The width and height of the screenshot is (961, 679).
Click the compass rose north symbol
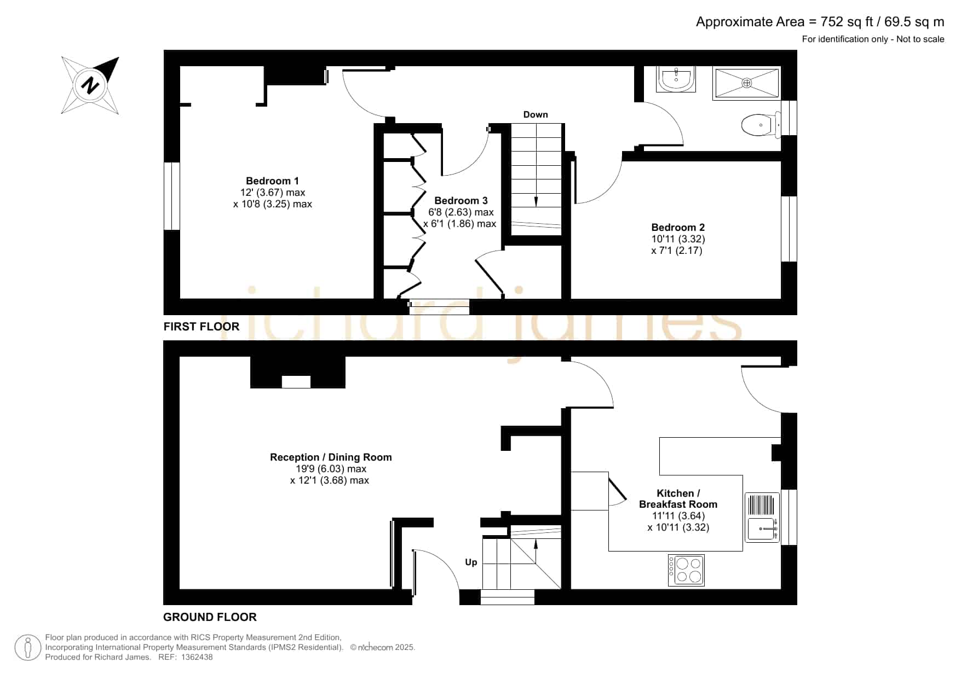point(90,85)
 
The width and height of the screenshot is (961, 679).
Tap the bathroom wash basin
point(677,79)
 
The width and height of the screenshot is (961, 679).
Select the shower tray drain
point(746,83)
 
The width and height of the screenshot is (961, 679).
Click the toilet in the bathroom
point(761,125)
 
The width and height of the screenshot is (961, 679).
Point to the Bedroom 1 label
point(272,181)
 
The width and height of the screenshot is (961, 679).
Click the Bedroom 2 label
point(678,228)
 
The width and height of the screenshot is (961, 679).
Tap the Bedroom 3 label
point(461,201)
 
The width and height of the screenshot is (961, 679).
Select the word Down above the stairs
point(536,114)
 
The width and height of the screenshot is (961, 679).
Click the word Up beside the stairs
point(471,562)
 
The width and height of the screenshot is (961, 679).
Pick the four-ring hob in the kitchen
point(686,570)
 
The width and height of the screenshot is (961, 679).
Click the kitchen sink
point(762,517)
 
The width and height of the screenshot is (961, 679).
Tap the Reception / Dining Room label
point(331,457)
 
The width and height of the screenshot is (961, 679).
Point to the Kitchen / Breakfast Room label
point(678,499)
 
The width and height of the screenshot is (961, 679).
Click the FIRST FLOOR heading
point(202,327)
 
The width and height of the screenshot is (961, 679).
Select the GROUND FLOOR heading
point(210,617)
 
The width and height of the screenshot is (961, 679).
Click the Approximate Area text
point(820,22)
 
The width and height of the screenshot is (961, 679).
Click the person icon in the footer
point(28,648)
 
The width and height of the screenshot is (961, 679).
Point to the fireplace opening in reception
point(296,382)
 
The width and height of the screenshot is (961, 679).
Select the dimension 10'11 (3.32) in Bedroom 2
point(678,239)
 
